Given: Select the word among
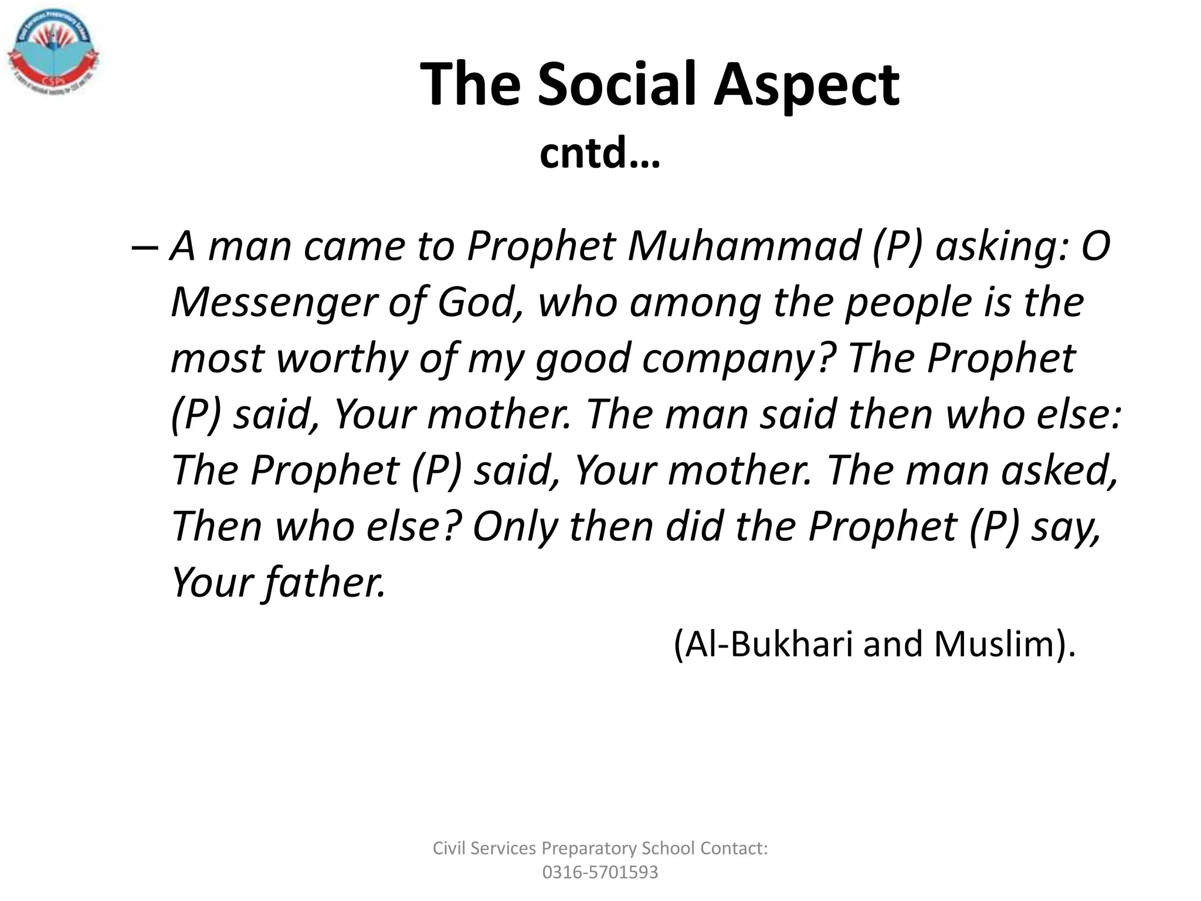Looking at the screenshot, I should [694, 303].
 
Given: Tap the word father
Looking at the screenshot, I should [325, 582].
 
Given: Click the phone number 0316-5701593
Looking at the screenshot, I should [600, 872].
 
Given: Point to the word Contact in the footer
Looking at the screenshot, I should [734, 848].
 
